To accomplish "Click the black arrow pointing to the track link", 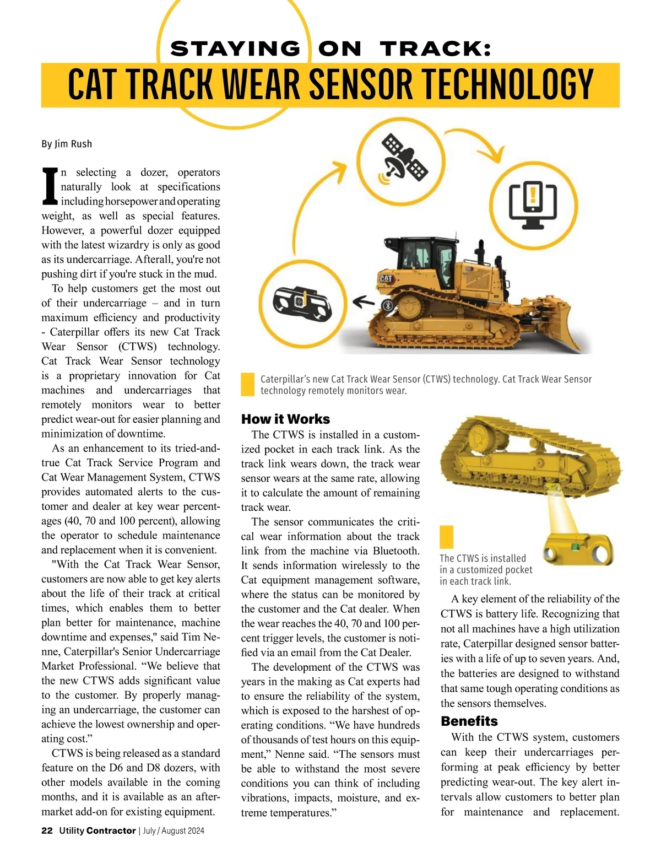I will (363, 301).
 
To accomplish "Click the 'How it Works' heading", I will (285, 419).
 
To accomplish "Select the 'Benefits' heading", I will (469, 721).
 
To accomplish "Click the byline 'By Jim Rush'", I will (67, 144).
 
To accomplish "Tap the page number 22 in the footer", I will (47, 831).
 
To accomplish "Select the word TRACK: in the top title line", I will (435, 49).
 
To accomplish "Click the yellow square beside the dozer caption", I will (248, 384).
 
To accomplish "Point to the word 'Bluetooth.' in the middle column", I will (395, 551).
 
